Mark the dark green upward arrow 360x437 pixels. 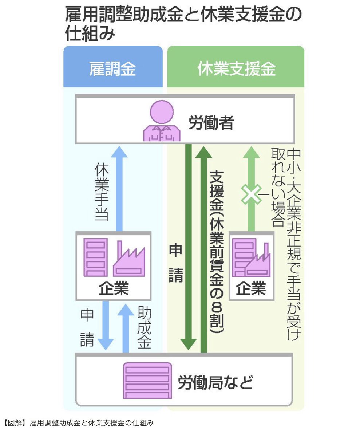(x=203, y=248)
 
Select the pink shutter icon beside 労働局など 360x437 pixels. (x=147, y=381)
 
